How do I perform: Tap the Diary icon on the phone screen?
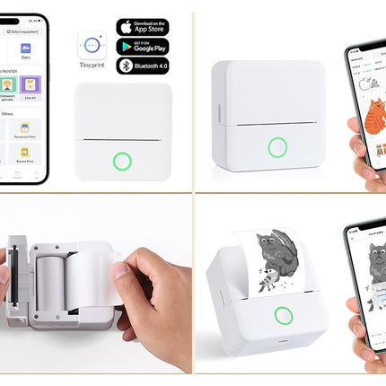pyautogui.click(x=26, y=50)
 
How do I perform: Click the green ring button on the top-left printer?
pyautogui.click(x=122, y=162)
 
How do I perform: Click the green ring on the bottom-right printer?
pyautogui.click(x=285, y=316)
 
